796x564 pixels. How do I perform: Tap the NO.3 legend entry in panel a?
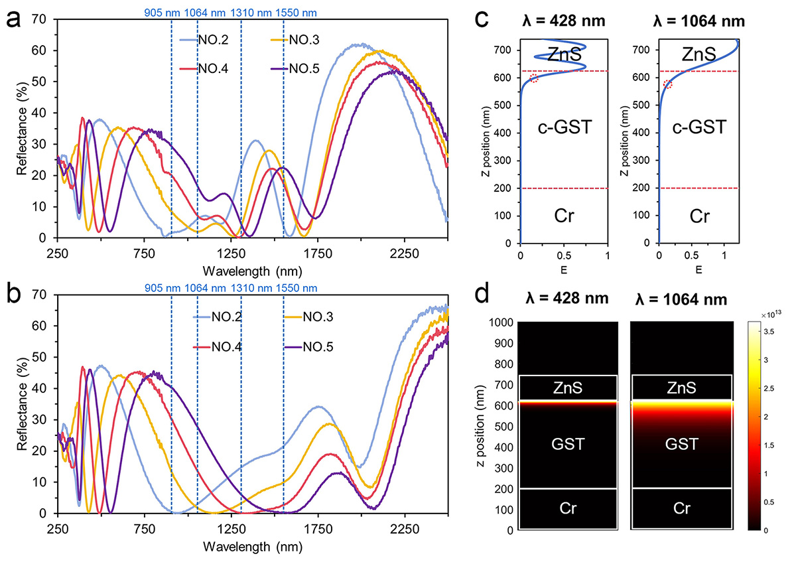[x=306, y=40]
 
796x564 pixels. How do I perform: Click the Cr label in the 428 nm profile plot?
[x=563, y=216]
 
